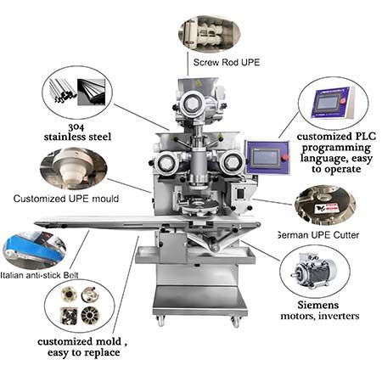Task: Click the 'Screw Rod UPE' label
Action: [227, 62]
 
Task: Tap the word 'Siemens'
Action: [318, 305]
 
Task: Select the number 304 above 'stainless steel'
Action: [76, 127]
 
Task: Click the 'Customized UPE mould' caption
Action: [66, 199]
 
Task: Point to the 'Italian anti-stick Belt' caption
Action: [39, 275]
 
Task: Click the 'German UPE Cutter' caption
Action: [318, 235]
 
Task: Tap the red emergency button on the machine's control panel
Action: [285, 157]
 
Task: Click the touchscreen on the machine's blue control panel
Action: [266, 158]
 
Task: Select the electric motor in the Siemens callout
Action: [314, 271]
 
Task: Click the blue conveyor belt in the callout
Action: [34, 250]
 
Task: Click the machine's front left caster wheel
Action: [161, 322]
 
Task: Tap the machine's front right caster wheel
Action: [235, 322]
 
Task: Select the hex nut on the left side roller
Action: [165, 163]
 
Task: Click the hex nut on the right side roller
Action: [232, 162]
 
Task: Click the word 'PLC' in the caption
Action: [366, 137]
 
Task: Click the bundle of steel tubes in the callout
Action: [62, 91]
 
